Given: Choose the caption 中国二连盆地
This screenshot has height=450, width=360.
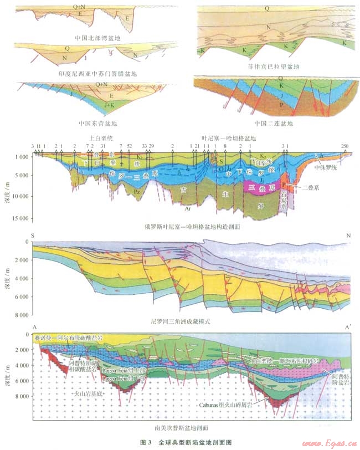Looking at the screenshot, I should coord(274,122).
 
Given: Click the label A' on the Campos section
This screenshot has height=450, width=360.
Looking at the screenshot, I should coord(347,328).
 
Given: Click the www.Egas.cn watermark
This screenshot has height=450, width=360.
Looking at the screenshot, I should coord(329,443).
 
